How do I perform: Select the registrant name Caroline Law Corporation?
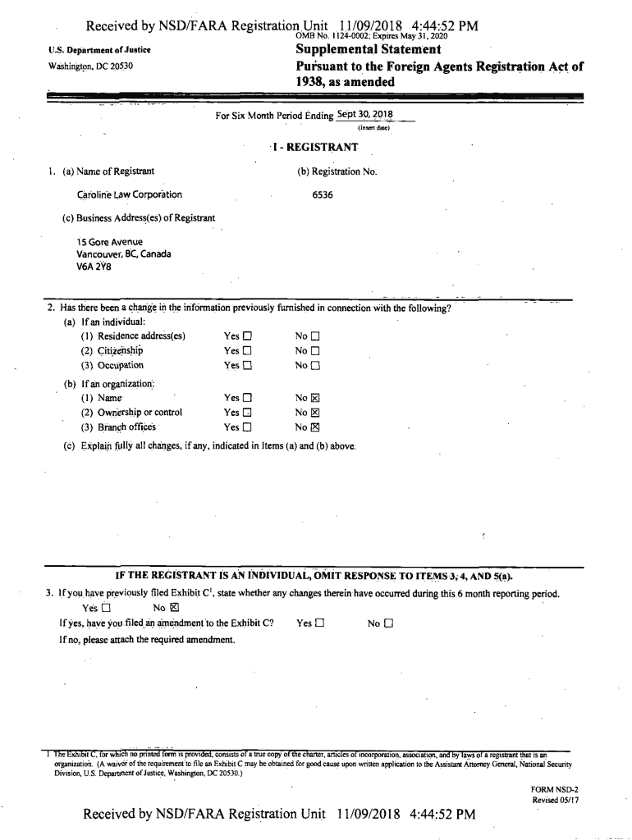(x=130, y=195)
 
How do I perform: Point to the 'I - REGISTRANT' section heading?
(x=314, y=147)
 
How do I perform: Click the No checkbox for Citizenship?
(x=314, y=351)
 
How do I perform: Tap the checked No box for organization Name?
(x=314, y=398)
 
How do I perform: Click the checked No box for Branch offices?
(x=314, y=427)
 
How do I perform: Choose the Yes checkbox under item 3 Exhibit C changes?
(x=105, y=608)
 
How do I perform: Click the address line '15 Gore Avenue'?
(x=110, y=242)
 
